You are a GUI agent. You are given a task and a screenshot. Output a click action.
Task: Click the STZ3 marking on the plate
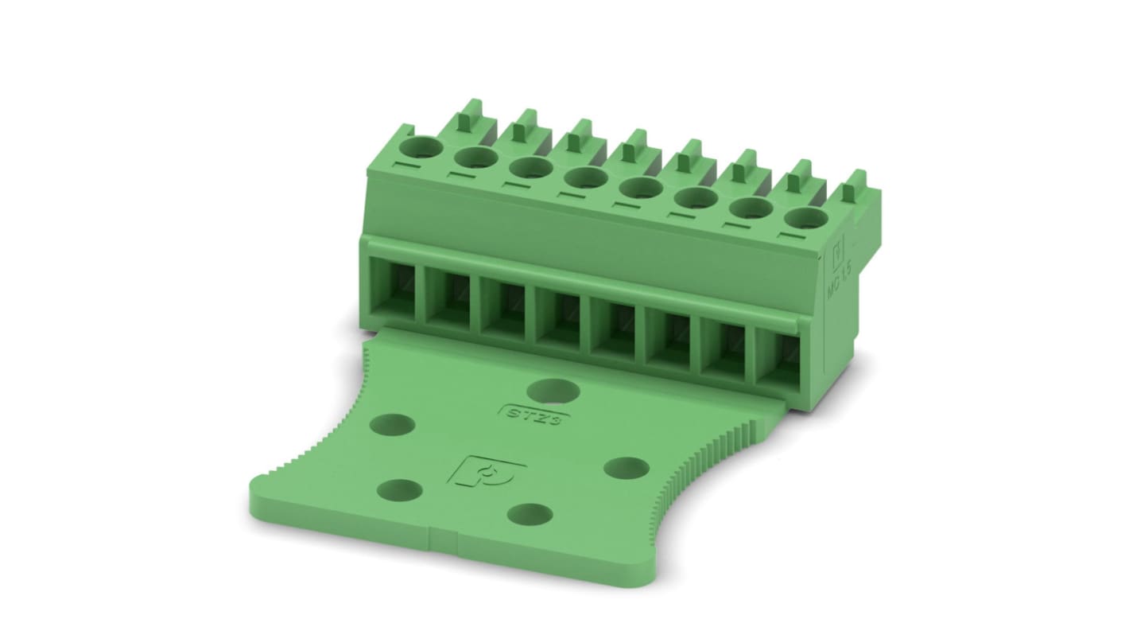coord(531,415)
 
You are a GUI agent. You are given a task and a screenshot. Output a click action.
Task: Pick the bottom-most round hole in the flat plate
coord(530,515)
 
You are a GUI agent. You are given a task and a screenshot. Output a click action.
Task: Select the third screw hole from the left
coord(531,167)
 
